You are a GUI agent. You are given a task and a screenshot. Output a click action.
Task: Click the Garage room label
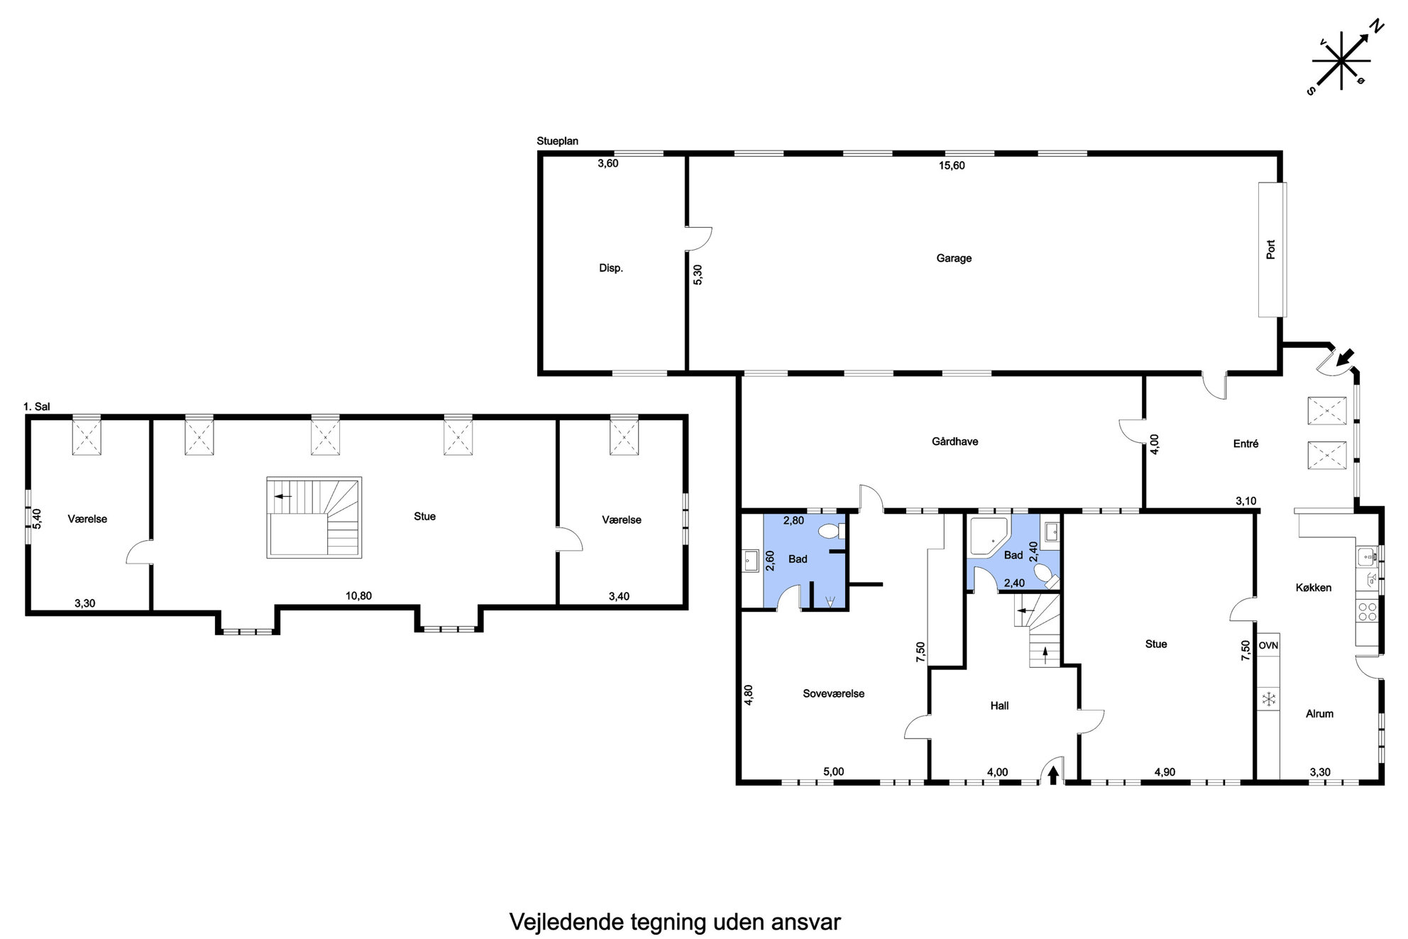point(953,258)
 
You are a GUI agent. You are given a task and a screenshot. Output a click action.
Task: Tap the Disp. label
point(611,268)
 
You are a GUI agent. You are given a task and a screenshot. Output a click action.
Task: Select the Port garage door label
point(1271,249)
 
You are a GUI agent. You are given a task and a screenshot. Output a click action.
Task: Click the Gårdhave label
point(955,441)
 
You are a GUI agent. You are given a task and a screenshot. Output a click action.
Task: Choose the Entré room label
point(1245,444)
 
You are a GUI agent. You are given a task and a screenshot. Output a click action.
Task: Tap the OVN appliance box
point(1268,645)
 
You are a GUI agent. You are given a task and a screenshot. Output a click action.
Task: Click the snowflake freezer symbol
point(1268,699)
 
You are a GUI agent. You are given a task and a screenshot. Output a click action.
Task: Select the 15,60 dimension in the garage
point(952,165)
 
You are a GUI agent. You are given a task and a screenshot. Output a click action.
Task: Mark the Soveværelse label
point(833,693)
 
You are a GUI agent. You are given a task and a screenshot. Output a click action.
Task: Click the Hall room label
point(999,705)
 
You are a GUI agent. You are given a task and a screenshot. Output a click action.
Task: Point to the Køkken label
point(1313,588)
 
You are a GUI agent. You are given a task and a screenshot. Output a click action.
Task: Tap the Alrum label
point(1319,714)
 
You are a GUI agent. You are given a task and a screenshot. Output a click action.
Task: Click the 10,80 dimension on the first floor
point(358,596)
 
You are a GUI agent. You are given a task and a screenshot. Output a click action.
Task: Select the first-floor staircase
point(314,517)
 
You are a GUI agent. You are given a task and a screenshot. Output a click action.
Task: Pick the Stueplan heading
point(557,141)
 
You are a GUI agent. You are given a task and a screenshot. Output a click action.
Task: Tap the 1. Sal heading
point(36,407)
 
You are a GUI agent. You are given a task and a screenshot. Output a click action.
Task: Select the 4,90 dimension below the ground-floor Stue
point(1165,772)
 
